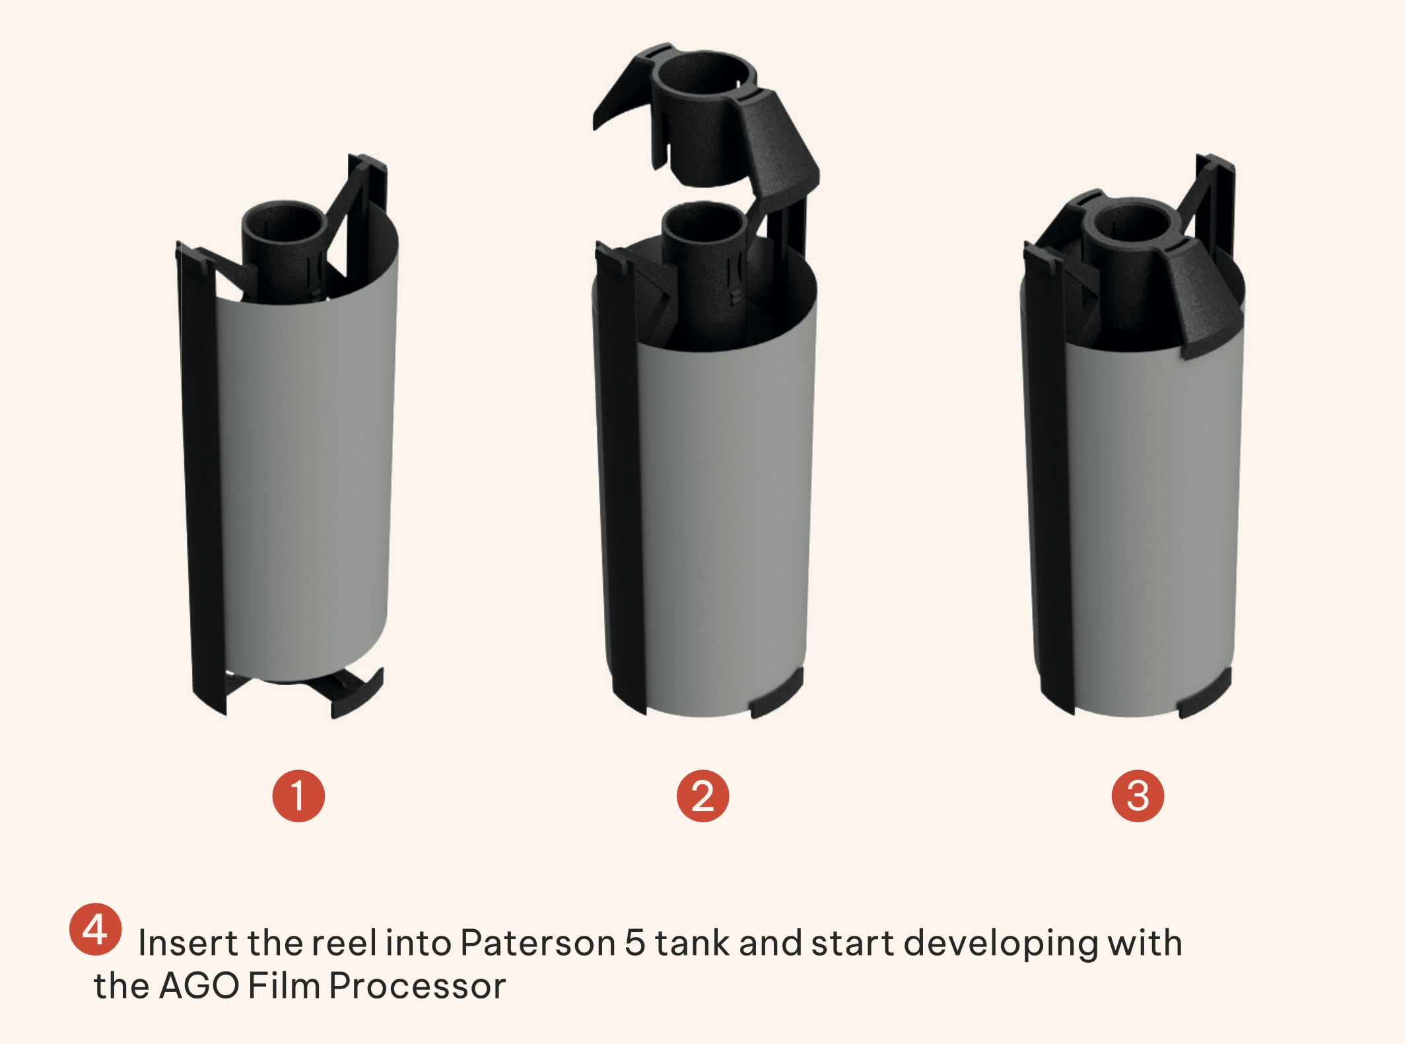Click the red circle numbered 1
coord(298,796)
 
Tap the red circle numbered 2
coord(702,796)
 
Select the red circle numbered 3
coord(1138,796)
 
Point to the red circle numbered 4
coord(95,929)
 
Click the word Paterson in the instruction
coord(538,942)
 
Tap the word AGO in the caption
coord(199,986)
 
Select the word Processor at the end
coord(417,986)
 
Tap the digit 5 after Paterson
coord(634,942)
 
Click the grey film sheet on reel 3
coord(1152,528)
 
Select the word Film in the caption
coord(284,986)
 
